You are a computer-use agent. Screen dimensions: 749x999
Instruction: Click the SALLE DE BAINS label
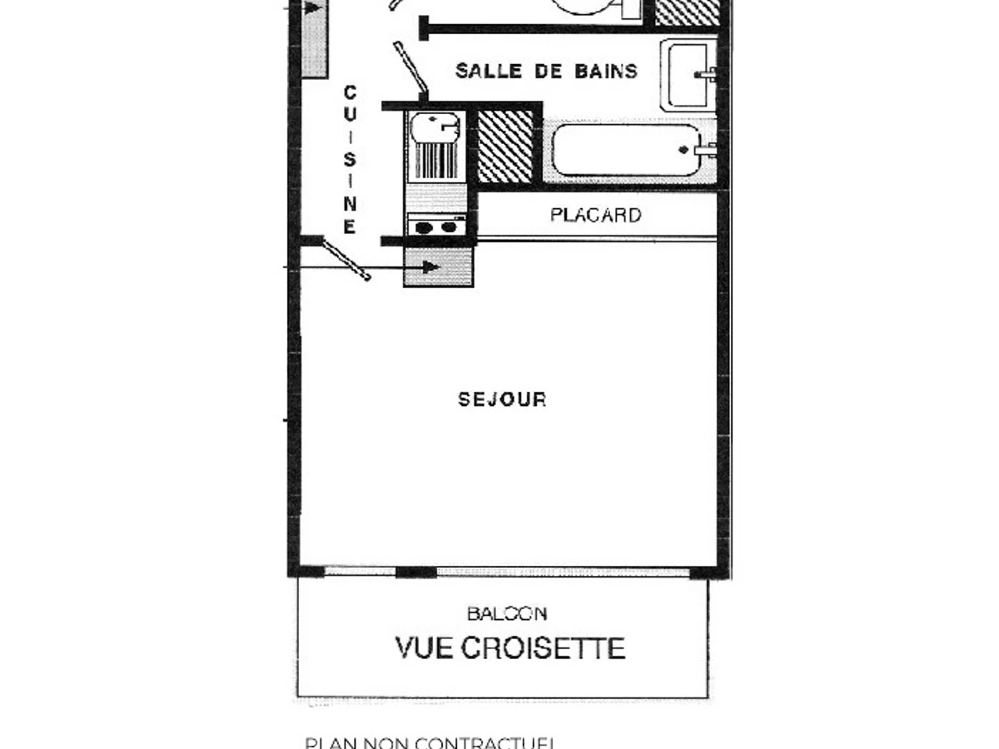pyautogui.click(x=546, y=72)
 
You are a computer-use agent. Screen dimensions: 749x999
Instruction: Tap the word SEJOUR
pyautogui.click(x=502, y=400)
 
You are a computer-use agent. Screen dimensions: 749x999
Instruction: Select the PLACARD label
pyautogui.click(x=595, y=216)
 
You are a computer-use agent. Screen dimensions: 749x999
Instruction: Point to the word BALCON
pyautogui.click(x=507, y=614)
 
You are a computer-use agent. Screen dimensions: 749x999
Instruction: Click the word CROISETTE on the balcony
pyautogui.click(x=542, y=647)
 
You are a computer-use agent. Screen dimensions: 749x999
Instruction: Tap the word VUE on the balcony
pyautogui.click(x=425, y=647)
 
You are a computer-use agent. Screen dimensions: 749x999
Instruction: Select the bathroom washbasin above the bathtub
pyautogui.click(x=689, y=75)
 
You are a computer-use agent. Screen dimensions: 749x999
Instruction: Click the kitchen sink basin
pyautogui.click(x=435, y=127)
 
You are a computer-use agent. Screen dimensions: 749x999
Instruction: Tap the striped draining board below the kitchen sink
pyautogui.click(x=435, y=160)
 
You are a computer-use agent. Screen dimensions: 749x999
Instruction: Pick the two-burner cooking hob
pyautogui.click(x=436, y=226)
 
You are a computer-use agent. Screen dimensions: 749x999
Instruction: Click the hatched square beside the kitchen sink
pyautogui.click(x=505, y=146)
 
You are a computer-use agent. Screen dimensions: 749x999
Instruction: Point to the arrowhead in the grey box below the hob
pyautogui.click(x=430, y=267)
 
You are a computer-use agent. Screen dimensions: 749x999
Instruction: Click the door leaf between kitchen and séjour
pyautogui.click(x=346, y=260)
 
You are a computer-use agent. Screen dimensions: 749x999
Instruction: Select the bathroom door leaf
pyautogui.click(x=410, y=66)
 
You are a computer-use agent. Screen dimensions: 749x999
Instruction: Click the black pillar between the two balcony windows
pyautogui.click(x=415, y=572)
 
